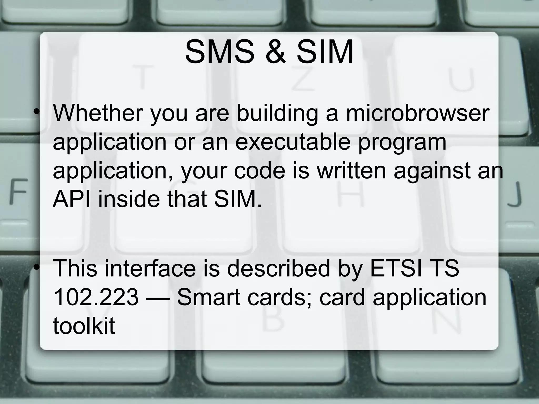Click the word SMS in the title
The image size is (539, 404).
219,52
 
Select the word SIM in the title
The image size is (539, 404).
325,52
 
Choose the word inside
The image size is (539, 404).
129,199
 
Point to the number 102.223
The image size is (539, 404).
96,297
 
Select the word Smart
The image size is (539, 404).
209,297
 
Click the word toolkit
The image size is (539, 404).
84,326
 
